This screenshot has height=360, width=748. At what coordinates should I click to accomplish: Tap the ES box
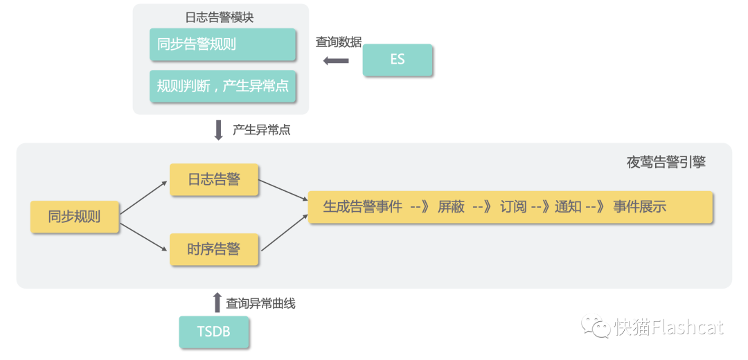398,60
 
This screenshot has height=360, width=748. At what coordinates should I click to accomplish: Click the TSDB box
213,332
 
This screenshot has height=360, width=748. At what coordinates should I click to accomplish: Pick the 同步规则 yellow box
75,217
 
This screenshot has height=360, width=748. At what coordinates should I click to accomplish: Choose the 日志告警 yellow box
214,180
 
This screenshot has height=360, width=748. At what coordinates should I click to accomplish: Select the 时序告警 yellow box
214,249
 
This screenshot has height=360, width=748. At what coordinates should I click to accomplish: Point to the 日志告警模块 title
220,17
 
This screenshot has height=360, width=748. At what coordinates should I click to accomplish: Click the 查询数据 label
339,42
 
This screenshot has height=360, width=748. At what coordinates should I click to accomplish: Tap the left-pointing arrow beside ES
336,61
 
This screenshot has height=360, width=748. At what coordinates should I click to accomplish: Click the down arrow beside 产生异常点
219,129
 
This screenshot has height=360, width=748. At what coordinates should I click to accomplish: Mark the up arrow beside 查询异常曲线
217,303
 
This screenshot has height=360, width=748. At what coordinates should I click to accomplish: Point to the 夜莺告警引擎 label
666,163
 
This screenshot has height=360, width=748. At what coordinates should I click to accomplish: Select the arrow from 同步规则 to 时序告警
144,234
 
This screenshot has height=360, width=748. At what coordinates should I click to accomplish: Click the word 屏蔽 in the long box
451,206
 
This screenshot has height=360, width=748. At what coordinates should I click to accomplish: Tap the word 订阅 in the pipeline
513,206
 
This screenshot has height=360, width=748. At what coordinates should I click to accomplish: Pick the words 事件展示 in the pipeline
639,206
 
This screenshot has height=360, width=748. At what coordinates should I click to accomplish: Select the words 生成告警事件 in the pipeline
362,206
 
